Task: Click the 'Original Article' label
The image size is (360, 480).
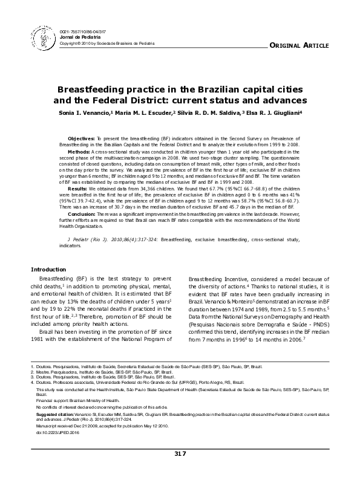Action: [x=298, y=46]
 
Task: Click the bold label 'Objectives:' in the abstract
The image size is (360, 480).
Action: [x=81, y=138]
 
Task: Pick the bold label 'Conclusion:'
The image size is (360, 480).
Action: [x=82, y=214]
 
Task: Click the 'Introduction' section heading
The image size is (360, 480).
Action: [x=50, y=268]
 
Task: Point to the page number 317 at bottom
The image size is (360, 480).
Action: [x=180, y=453]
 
